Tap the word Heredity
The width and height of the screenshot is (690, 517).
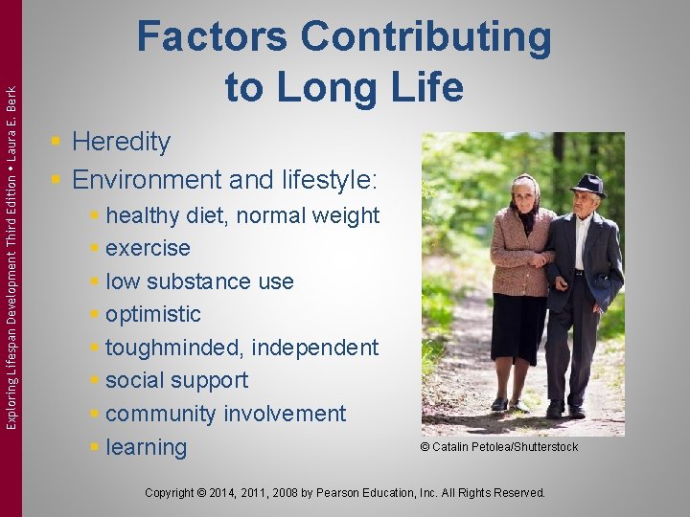[121, 142]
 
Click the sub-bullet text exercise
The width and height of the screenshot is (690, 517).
[148, 248]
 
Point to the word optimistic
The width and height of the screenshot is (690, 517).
[153, 314]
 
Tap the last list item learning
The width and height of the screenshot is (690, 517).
[147, 447]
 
